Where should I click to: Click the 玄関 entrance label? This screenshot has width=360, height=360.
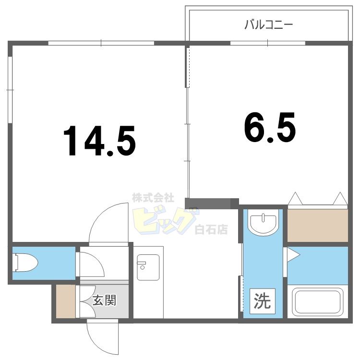click(x=104, y=301)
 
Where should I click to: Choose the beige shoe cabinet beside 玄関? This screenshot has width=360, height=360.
click(x=65, y=301)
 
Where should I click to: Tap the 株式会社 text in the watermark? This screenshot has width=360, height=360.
click(x=153, y=197)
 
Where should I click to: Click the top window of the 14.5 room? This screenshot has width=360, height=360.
click(x=101, y=44)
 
